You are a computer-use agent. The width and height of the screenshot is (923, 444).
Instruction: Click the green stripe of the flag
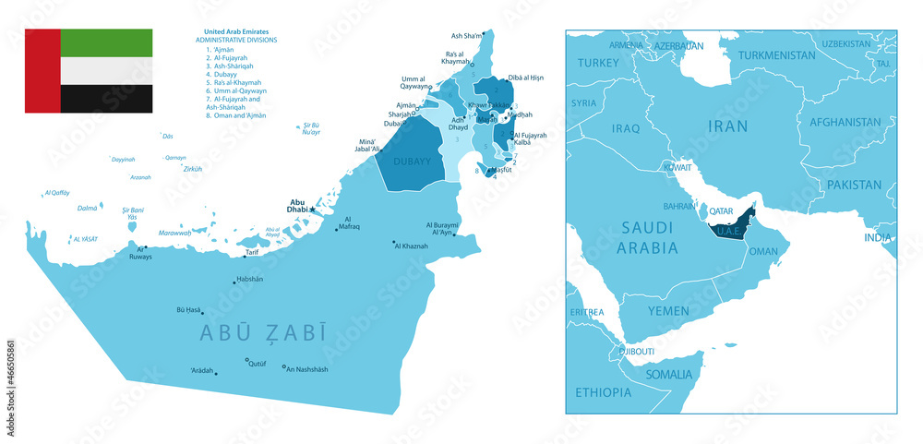[x=106, y=42]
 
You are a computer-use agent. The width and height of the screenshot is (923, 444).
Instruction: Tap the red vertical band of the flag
[x=42, y=71]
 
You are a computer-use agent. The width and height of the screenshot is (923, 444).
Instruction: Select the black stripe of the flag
[x=106, y=99]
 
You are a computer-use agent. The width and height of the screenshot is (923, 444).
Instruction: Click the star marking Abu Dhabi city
[x=313, y=210]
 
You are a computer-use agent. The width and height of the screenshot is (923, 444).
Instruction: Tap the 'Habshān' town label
[x=250, y=280]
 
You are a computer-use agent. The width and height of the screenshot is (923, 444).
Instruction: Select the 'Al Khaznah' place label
[x=412, y=246]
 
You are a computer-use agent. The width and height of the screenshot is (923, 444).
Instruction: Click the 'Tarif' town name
[x=252, y=252]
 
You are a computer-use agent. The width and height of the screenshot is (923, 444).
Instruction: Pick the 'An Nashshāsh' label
[x=306, y=370]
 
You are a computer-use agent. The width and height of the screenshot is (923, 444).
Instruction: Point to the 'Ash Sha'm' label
[x=466, y=36]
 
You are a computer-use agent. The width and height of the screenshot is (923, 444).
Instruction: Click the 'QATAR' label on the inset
[x=722, y=210]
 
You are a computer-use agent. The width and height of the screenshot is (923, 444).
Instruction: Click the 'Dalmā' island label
[x=87, y=209]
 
